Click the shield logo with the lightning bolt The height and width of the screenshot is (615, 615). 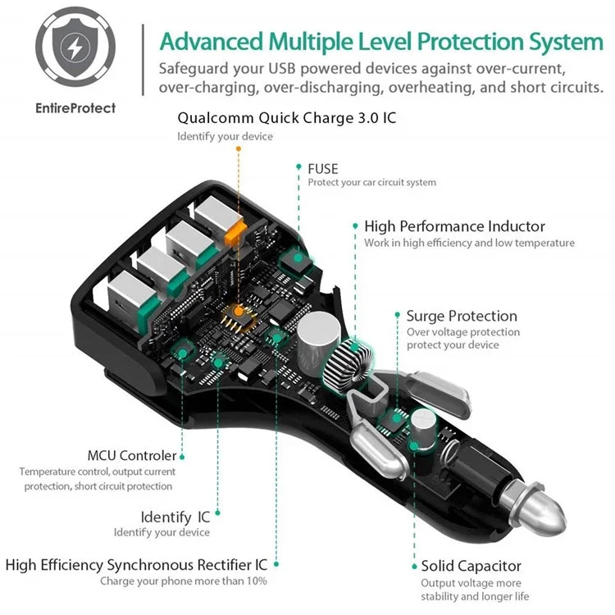[75, 52]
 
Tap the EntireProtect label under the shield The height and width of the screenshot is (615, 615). [75, 107]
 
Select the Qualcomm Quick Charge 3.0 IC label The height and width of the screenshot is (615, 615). [286, 118]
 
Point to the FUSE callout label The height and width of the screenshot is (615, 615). [322, 168]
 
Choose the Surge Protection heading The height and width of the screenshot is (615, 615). [462, 316]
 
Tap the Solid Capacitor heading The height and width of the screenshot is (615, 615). [471, 566]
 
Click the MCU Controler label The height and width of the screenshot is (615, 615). [132, 455]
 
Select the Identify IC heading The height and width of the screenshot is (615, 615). [175, 517]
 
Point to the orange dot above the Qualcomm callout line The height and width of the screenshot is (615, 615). [239, 149]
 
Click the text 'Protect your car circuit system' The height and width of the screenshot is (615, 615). [371, 183]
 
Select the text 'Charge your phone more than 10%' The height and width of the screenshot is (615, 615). [184, 581]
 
